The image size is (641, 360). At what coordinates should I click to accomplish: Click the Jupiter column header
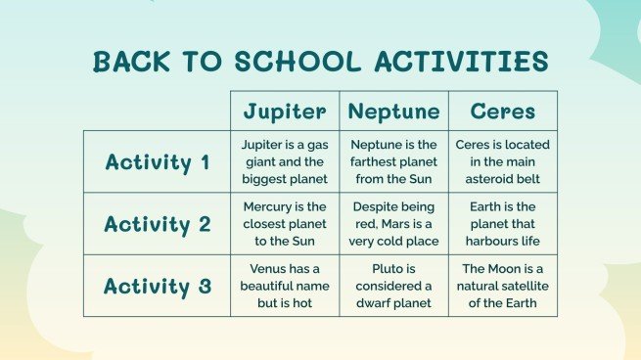point(284,111)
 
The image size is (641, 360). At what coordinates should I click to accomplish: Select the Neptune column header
point(393,111)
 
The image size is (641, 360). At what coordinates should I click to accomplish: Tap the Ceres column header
point(503,111)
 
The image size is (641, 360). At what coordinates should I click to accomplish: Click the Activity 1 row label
point(157,161)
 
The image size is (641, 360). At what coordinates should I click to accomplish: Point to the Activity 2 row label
point(157,224)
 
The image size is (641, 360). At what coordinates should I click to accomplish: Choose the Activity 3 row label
point(157,286)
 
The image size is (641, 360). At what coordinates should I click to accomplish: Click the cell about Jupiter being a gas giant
point(284,161)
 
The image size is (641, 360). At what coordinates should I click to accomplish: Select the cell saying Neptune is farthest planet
point(393,161)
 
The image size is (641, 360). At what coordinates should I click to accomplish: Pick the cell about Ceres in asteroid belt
point(503,161)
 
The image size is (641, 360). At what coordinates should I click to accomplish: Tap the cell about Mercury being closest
point(284,224)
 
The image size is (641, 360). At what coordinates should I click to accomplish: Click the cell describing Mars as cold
point(393,224)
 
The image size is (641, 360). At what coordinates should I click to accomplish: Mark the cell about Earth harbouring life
point(503,224)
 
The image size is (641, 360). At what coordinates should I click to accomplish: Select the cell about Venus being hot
point(284,286)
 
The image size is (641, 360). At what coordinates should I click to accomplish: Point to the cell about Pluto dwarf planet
point(393,286)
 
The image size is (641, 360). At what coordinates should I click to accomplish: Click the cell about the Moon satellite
point(503,286)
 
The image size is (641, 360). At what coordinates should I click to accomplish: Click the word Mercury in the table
point(269,206)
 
